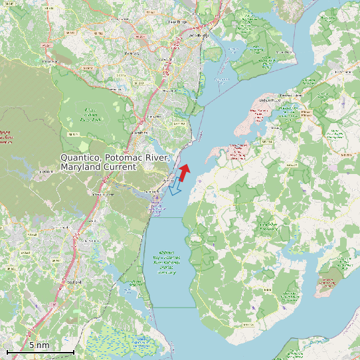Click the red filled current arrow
[184, 173]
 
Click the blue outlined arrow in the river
[175, 188]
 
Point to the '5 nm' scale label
[39, 345]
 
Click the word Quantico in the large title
[80, 158]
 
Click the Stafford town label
[74, 282]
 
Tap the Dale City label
[132, 52]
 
